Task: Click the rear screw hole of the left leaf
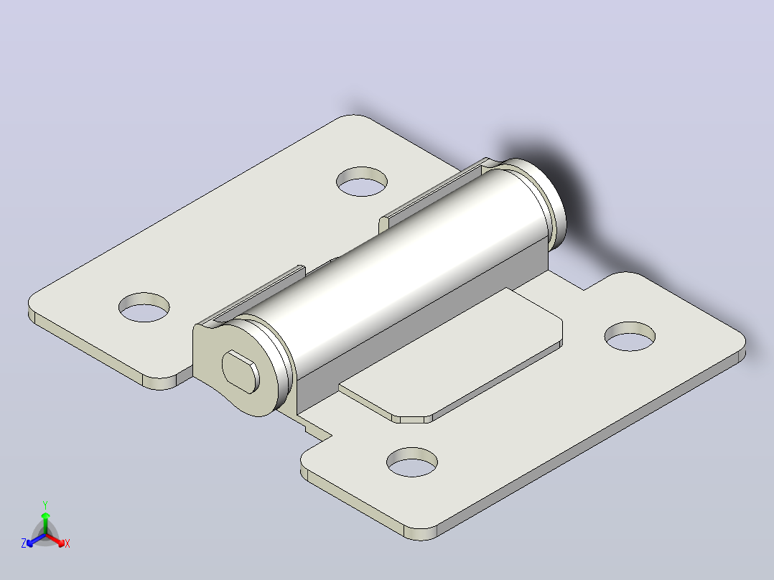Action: (x=362, y=182)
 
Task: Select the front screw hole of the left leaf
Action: (x=144, y=307)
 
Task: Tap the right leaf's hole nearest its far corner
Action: (x=630, y=337)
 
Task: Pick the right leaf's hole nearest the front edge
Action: (x=412, y=462)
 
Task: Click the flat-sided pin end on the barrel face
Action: (x=241, y=372)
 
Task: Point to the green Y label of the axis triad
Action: (x=45, y=505)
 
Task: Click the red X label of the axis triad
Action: (x=67, y=543)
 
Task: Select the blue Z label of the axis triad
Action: (x=23, y=543)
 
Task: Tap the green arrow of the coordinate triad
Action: (x=45, y=523)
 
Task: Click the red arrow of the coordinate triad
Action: (x=55, y=540)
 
